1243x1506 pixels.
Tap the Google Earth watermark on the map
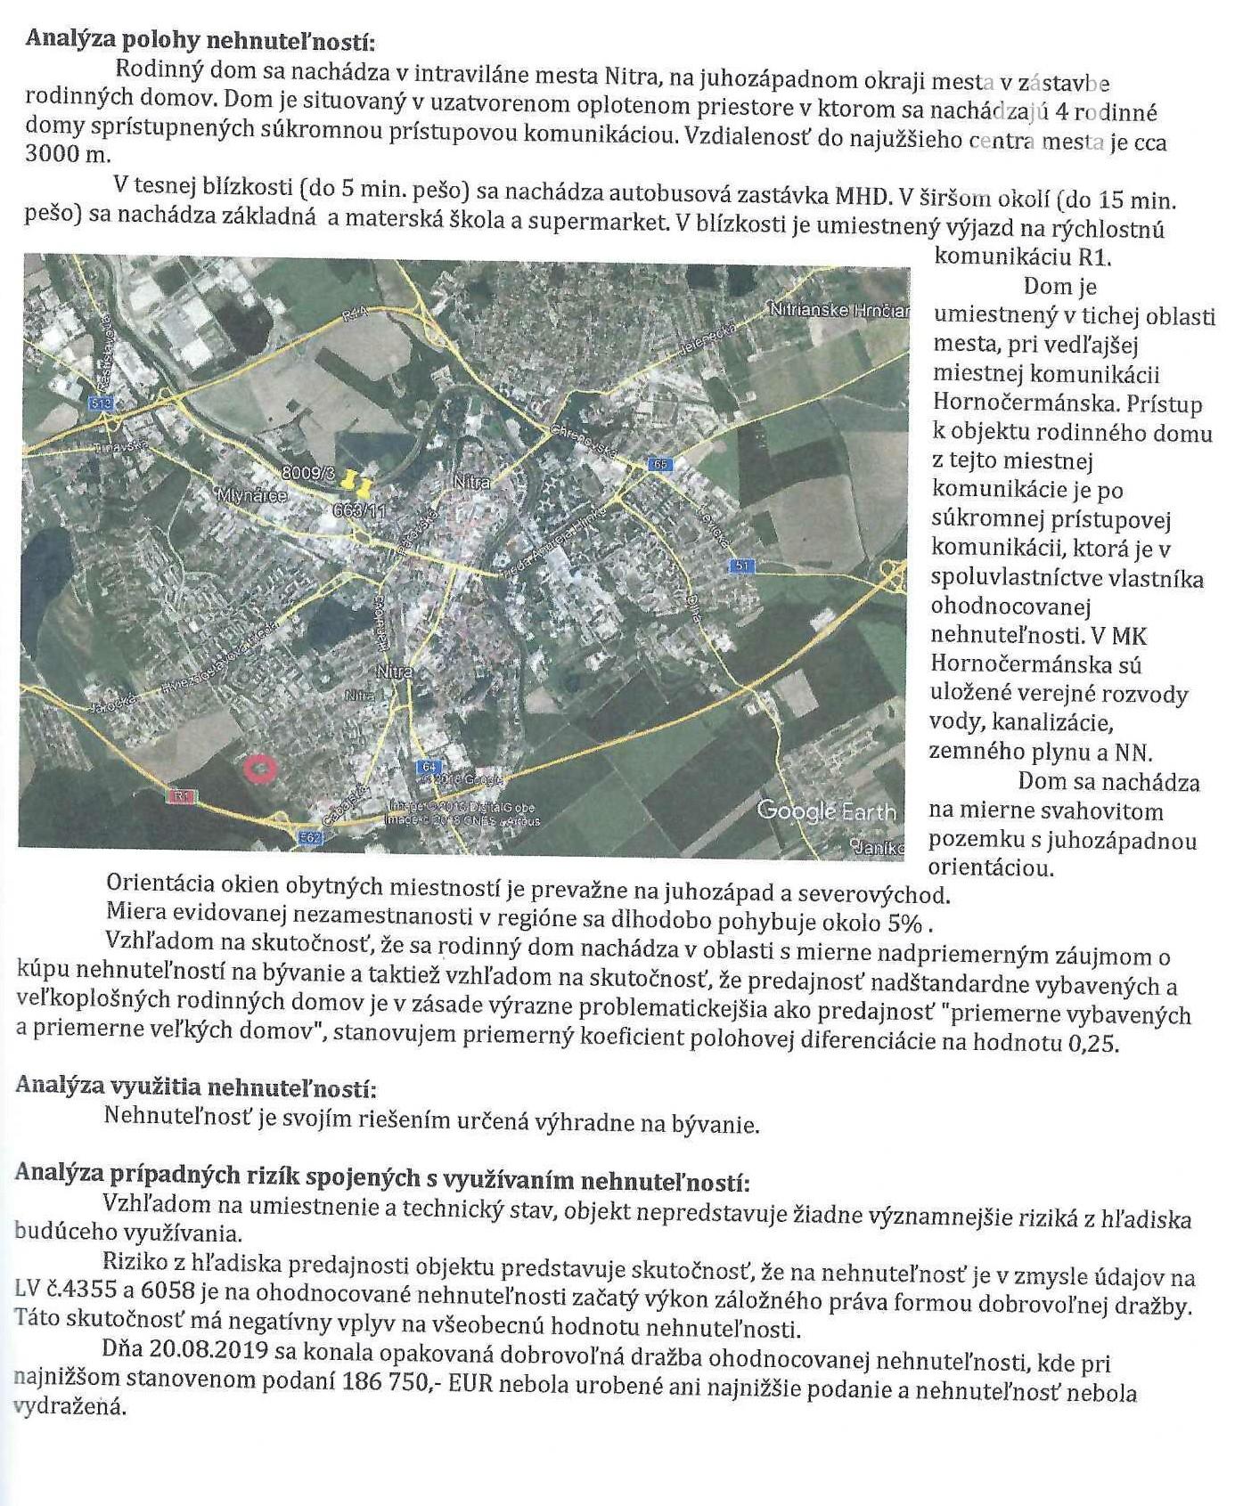coord(826,811)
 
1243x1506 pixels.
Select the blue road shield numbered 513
coord(102,403)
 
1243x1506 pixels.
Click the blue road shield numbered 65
coord(660,464)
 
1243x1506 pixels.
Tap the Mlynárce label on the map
coord(252,496)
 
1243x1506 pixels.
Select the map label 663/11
coord(359,511)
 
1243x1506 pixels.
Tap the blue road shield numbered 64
coord(429,767)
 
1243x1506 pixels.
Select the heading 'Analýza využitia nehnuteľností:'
coord(195,1087)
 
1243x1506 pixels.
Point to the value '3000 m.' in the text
coord(68,153)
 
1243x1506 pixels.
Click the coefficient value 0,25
coord(1092,1043)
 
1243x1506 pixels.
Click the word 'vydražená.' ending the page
coord(70,1406)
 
